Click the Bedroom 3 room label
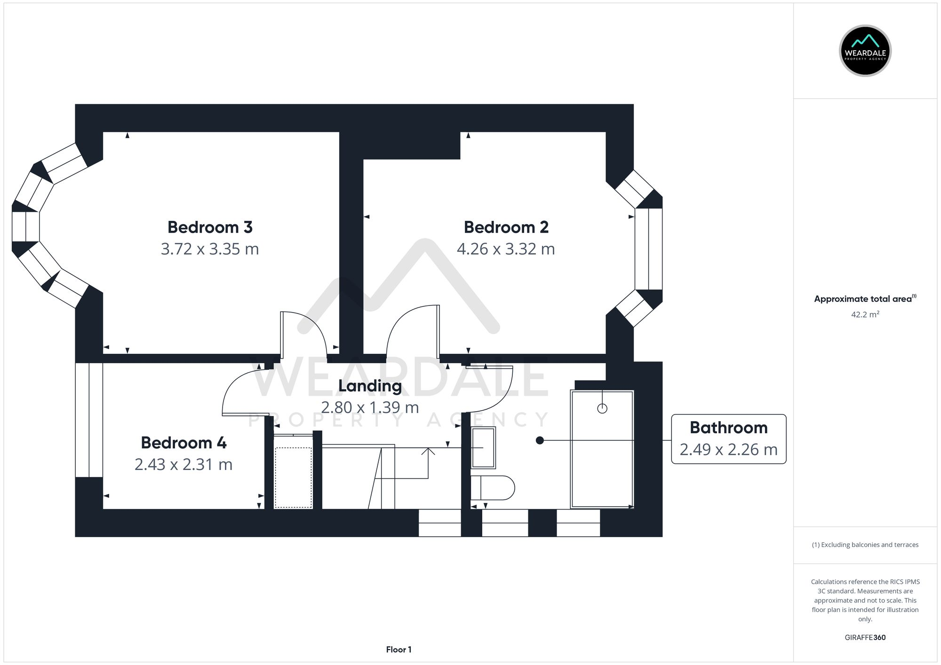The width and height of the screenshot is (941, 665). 210,227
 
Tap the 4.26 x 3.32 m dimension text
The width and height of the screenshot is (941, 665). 506,249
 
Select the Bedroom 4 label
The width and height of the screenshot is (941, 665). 183,443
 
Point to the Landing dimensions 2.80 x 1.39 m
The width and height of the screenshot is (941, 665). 370,407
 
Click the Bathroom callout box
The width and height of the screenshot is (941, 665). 728,439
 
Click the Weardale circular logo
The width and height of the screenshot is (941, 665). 865,51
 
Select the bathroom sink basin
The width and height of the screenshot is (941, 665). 483,448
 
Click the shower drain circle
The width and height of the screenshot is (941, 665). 602,408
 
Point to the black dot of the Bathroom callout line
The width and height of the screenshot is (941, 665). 540,440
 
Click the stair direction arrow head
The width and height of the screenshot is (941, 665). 428,451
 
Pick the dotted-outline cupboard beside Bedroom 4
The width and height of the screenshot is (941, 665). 293,477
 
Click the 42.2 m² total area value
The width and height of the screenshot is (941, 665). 865,314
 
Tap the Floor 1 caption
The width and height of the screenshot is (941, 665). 399,649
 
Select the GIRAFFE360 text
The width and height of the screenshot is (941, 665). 865,637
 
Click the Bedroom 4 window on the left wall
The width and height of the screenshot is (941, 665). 89,420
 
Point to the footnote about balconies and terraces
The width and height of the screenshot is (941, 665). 865,545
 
